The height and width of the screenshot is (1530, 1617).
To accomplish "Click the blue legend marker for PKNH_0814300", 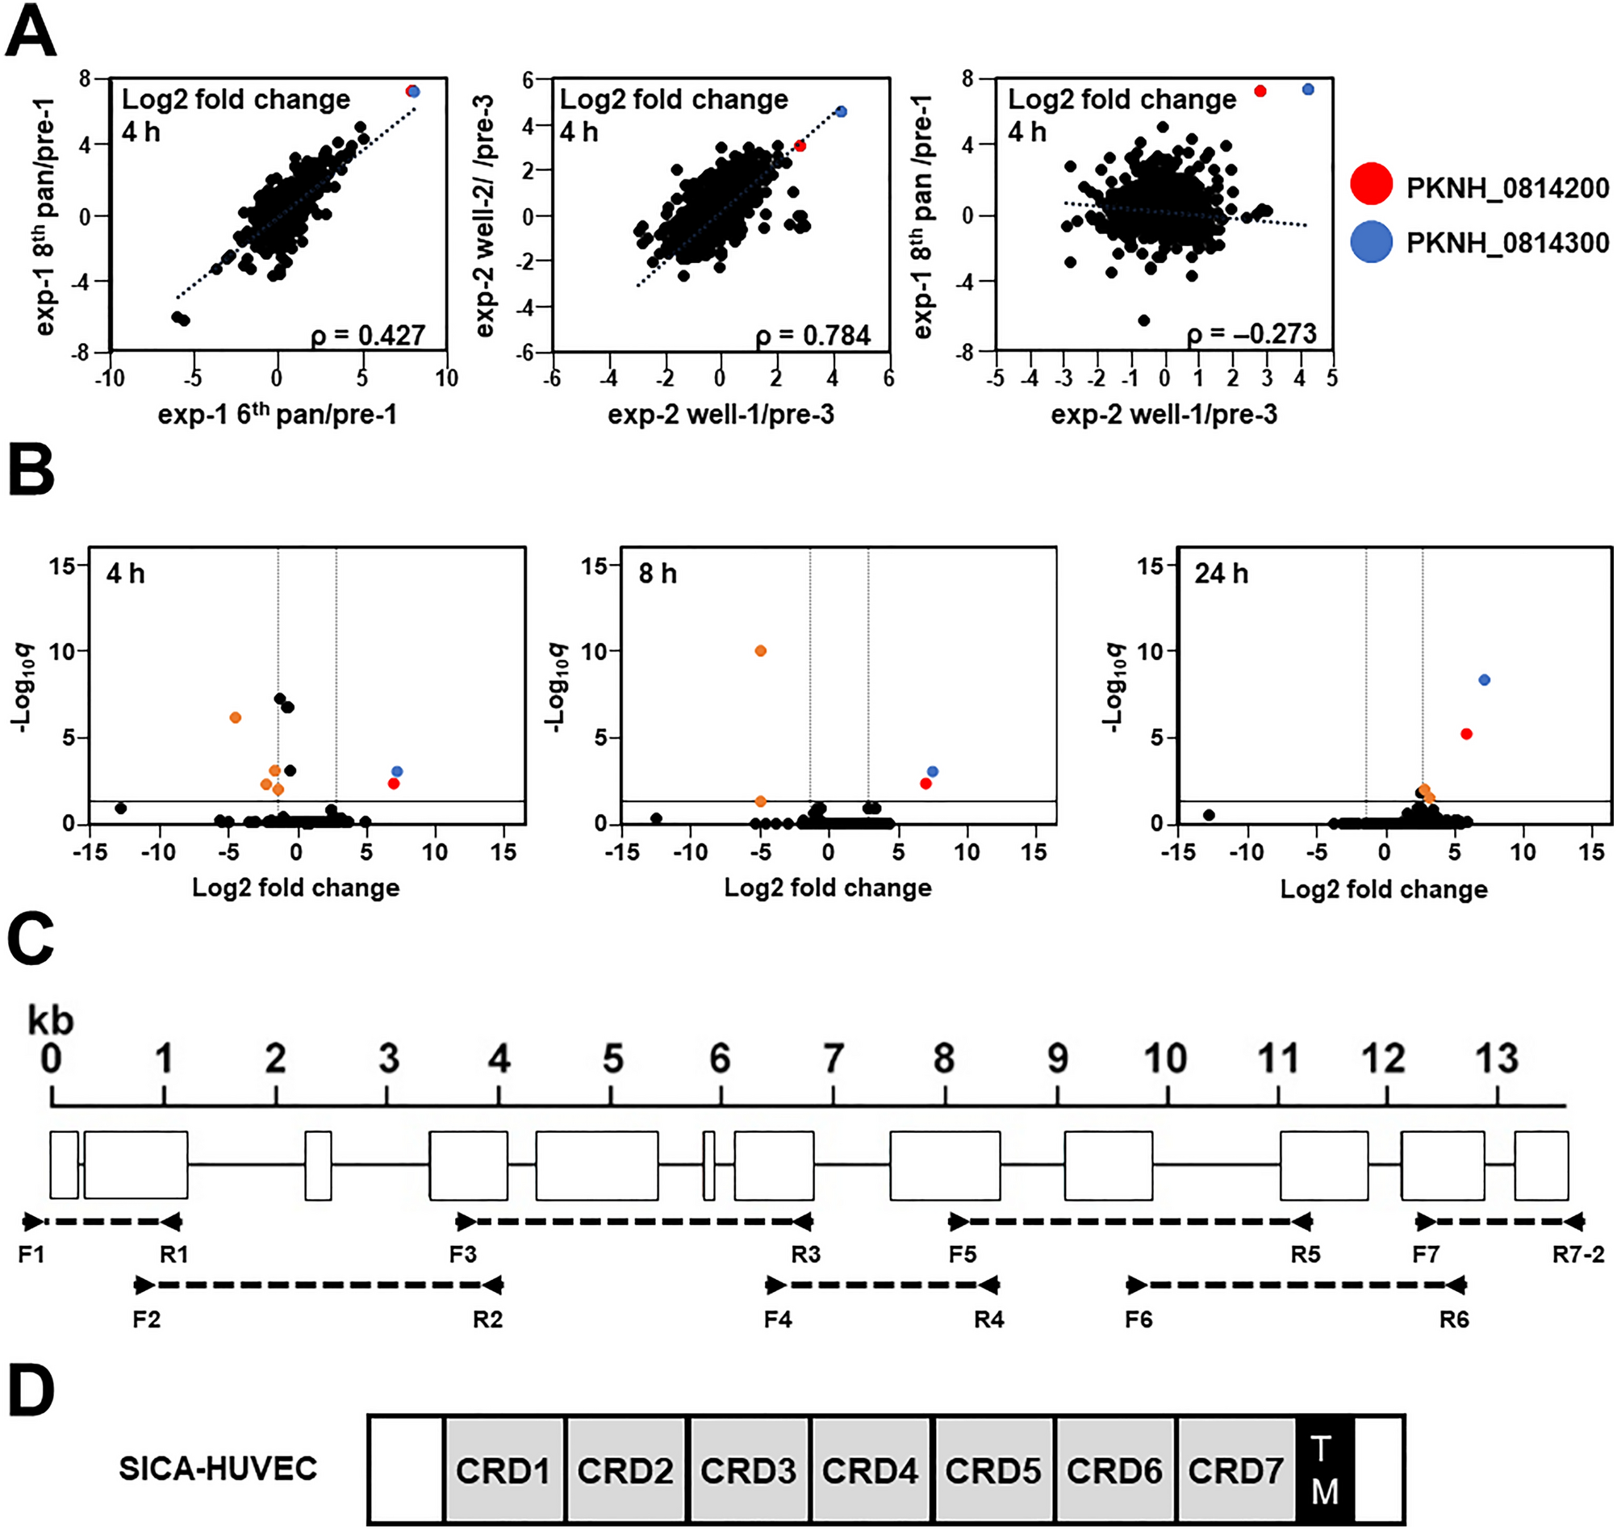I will tap(1371, 242).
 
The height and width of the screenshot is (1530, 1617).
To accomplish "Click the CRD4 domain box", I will tap(869, 1470).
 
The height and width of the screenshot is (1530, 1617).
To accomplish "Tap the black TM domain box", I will tap(1324, 1470).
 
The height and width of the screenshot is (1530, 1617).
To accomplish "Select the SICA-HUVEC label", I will tap(218, 1468).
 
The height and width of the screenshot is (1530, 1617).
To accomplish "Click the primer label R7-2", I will tap(1577, 1254).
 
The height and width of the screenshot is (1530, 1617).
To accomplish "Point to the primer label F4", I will tap(777, 1319).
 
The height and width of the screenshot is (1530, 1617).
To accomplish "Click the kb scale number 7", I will tap(833, 1059).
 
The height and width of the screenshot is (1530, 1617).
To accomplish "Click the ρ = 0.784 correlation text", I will tap(813, 335).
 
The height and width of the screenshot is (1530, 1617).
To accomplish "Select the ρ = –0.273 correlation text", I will tap(1251, 333).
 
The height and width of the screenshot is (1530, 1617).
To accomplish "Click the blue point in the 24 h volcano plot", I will tap(1484, 679).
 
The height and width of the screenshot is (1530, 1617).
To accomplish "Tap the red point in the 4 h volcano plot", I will tap(394, 783).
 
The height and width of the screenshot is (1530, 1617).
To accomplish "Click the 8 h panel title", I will tap(658, 573).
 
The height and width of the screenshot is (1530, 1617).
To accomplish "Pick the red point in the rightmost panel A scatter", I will tap(1260, 91).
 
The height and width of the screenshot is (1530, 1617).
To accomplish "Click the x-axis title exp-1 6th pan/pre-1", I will tap(278, 414).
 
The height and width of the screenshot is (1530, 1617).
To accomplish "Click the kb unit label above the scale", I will tap(51, 1019).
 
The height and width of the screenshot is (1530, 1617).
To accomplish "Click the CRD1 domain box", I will tap(503, 1470).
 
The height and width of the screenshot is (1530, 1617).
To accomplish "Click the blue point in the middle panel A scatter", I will tap(842, 111).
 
